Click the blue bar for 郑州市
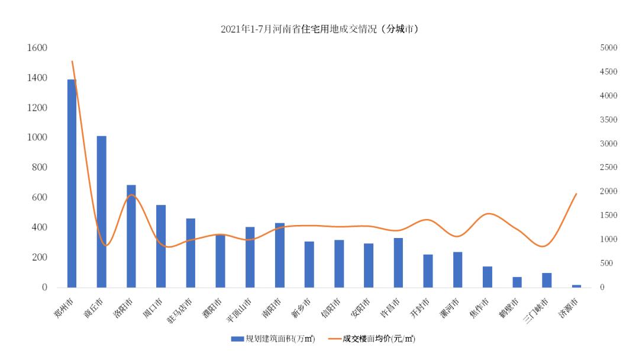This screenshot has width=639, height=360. tap(72, 184)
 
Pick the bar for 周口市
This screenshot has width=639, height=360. tap(161, 246)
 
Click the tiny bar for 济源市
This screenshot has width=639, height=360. tap(576, 286)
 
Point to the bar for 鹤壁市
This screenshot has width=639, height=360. tap(517, 282)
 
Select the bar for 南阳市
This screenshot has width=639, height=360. tap(279, 255)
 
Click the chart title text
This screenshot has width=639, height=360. tap(319, 28)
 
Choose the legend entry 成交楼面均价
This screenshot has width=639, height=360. tap(375, 339)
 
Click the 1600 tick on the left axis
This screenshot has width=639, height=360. tap(37, 48)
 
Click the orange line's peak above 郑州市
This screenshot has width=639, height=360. tap(72, 61)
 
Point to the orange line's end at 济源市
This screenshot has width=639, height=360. tap(576, 194)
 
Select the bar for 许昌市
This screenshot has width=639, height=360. tap(398, 262)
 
